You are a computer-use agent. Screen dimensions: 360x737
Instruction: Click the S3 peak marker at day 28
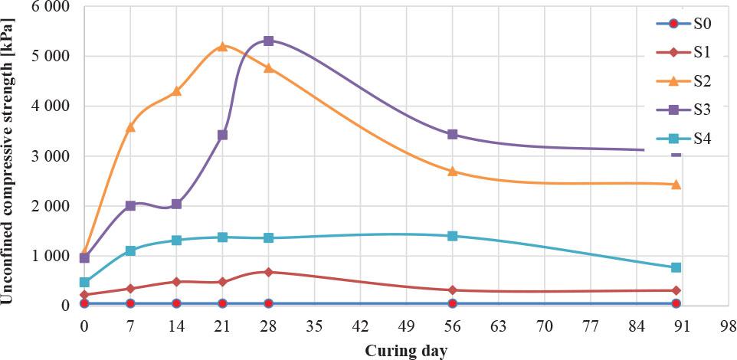click(268, 41)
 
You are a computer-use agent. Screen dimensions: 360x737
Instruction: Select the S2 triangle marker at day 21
click(222, 46)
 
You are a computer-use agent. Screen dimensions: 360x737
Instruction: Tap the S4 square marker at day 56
click(453, 236)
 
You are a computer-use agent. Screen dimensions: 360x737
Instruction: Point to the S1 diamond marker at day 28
click(268, 272)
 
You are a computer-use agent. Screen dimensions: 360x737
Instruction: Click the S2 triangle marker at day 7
click(130, 127)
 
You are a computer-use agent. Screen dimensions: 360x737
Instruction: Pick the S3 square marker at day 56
click(453, 134)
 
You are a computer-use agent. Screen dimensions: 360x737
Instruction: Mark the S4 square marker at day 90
click(676, 267)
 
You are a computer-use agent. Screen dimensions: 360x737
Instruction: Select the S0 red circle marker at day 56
click(453, 304)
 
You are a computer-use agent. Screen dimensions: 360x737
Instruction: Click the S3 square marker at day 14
click(176, 204)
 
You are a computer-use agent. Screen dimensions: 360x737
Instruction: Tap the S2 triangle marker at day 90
click(676, 184)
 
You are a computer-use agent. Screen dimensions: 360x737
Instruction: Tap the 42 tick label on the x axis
click(360, 326)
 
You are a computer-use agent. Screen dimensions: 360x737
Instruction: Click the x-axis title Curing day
click(406, 351)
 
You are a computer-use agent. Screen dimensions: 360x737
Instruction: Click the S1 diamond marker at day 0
click(84, 295)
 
